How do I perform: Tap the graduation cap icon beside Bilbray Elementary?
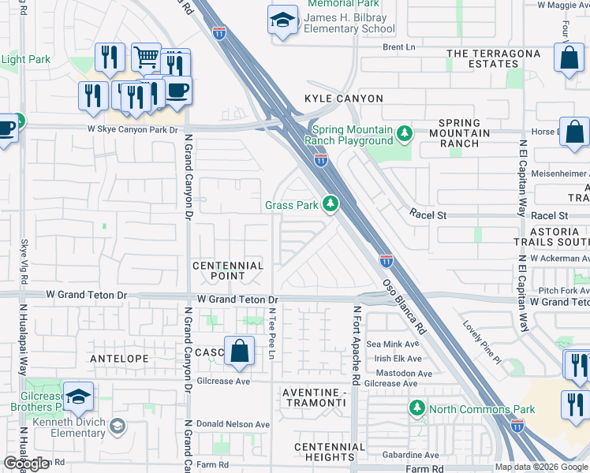pyautogui.click(x=282, y=20)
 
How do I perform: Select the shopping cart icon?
pyautogui.click(x=146, y=57)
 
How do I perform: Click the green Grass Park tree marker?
pyautogui.click(x=331, y=205)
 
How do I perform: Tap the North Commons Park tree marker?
pyautogui.click(x=416, y=408)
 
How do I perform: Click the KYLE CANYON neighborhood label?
pyautogui.click(x=344, y=99)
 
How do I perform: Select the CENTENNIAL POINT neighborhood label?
pyautogui.click(x=228, y=271)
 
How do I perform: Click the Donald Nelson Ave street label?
pyautogui.click(x=233, y=424)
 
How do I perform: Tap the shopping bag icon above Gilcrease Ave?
pyautogui.click(x=239, y=350)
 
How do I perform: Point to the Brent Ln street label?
pyautogui.click(x=398, y=47)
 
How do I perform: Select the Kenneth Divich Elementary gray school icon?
pyautogui.click(x=118, y=426)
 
